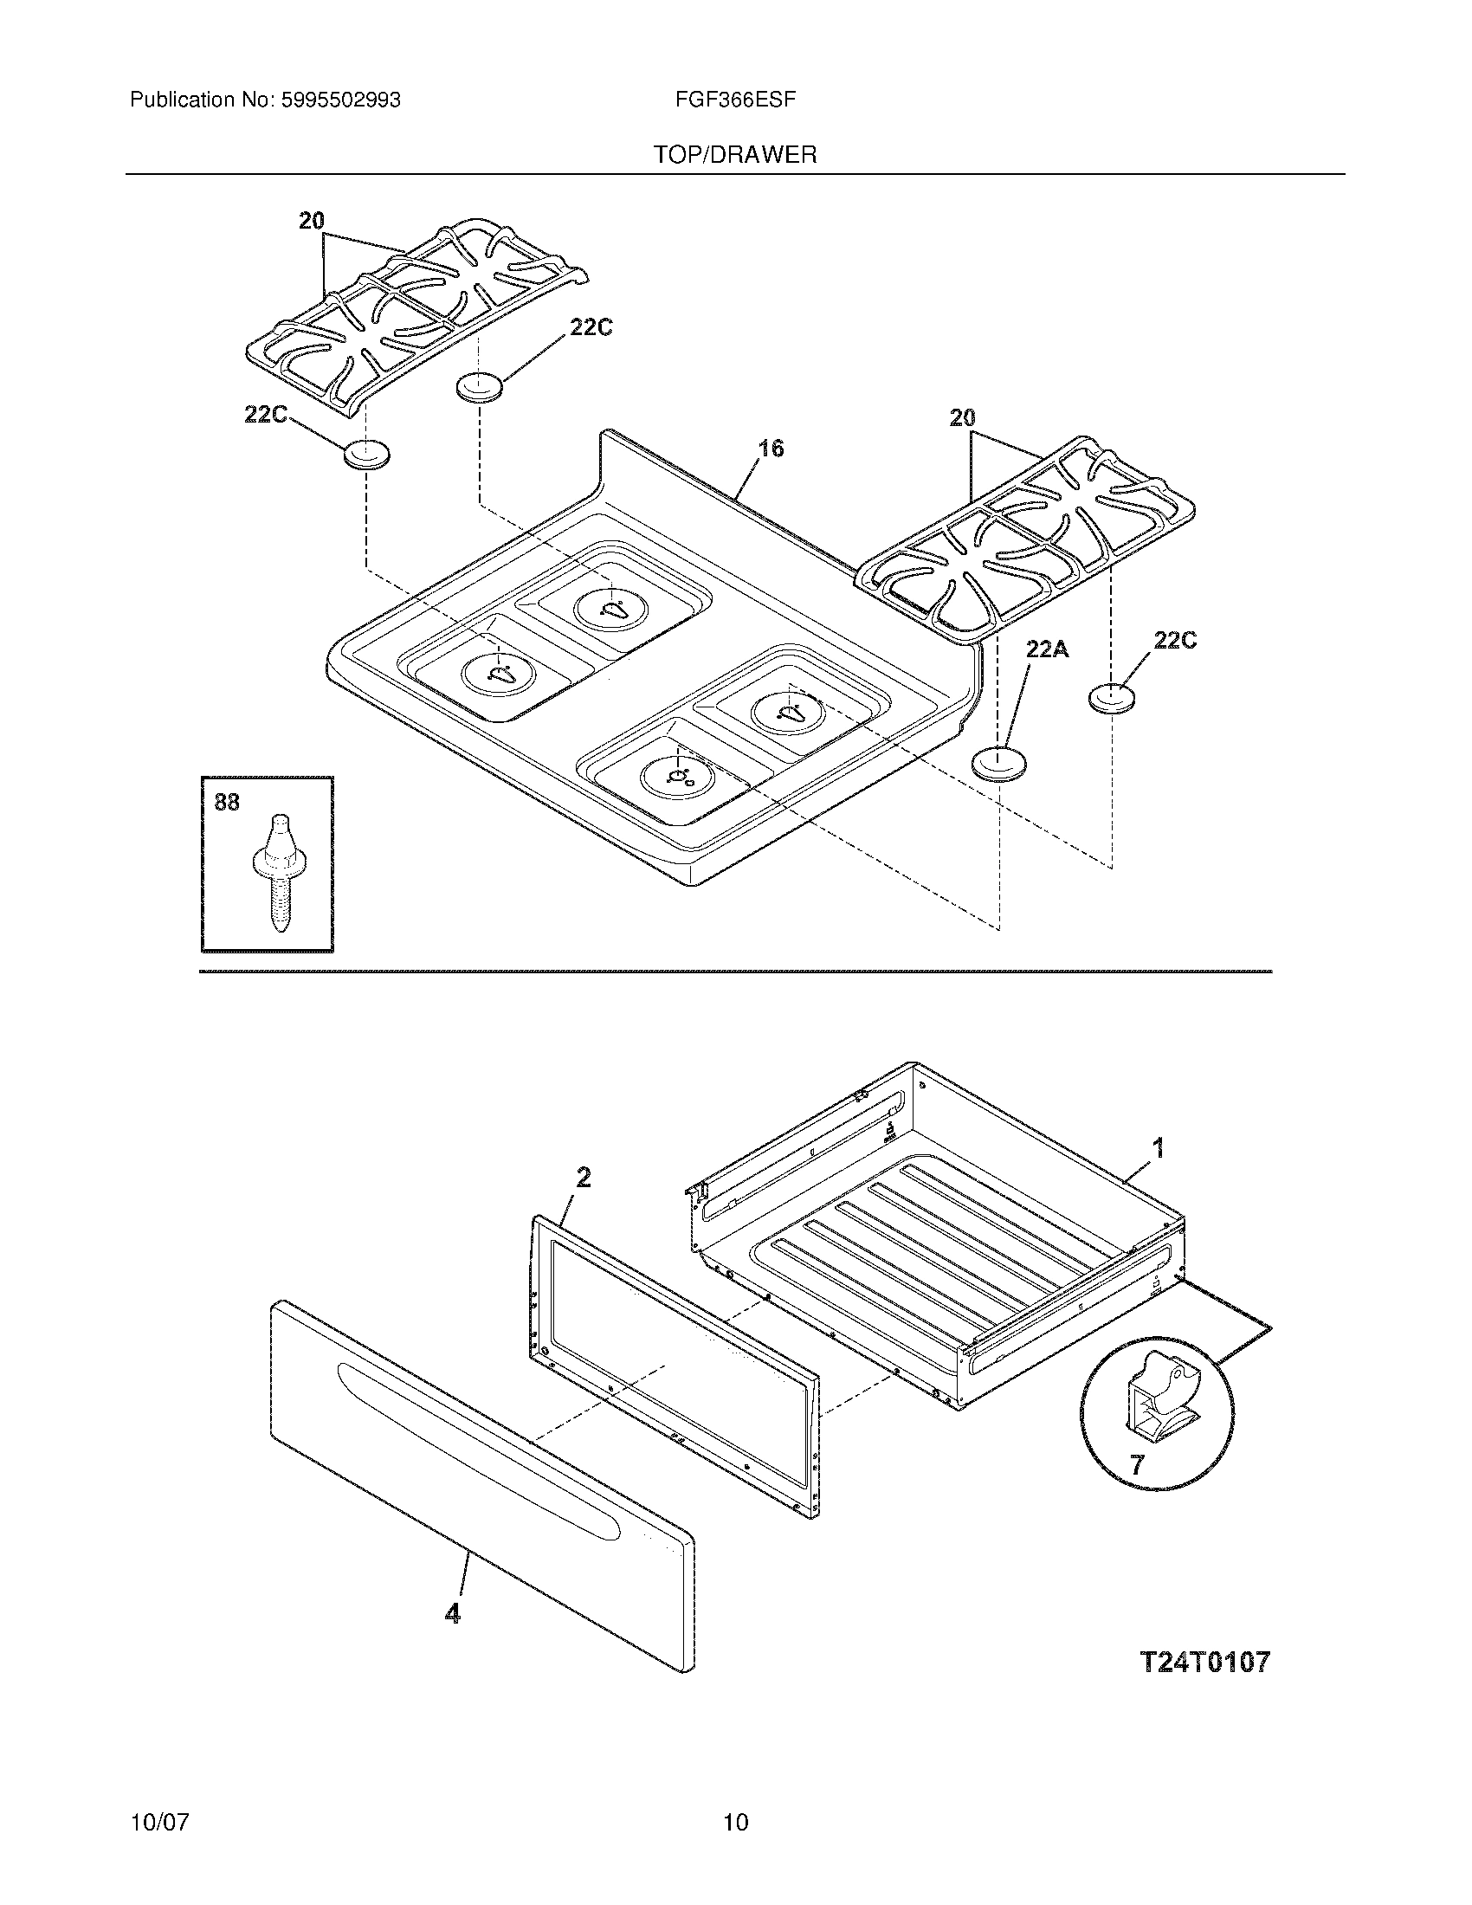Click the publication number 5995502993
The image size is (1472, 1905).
pos(340,100)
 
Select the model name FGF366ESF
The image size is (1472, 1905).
pos(734,100)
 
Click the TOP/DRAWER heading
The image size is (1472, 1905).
pos(735,155)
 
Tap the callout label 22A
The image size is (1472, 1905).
pos(1047,649)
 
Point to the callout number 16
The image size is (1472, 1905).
pos(770,449)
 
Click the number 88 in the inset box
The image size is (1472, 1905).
pos(227,802)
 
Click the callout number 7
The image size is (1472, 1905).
pos(1136,1464)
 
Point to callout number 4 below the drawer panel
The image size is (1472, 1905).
pos(452,1614)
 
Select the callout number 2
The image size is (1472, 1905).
pos(584,1178)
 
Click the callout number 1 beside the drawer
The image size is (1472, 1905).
pos(1158,1149)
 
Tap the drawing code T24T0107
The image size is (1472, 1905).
pos(1205,1663)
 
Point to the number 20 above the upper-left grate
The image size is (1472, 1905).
pos(312,222)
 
